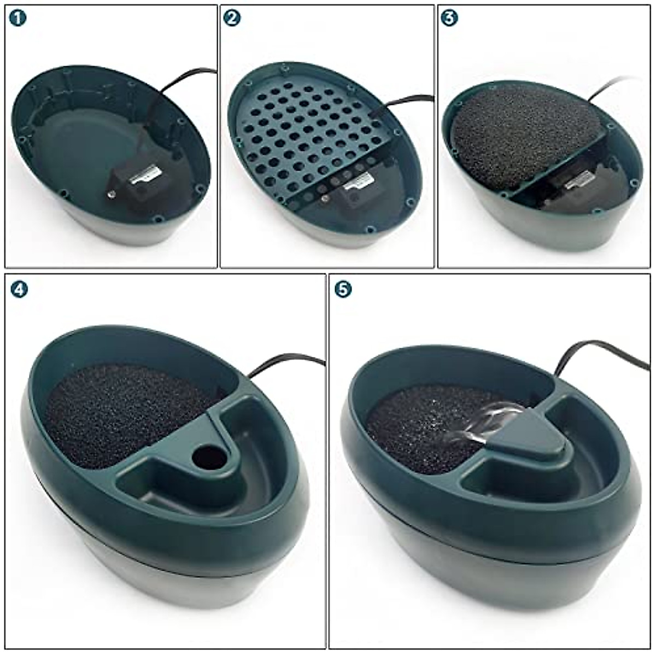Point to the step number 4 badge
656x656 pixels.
pos(19,289)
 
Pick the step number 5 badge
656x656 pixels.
pos(343,289)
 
